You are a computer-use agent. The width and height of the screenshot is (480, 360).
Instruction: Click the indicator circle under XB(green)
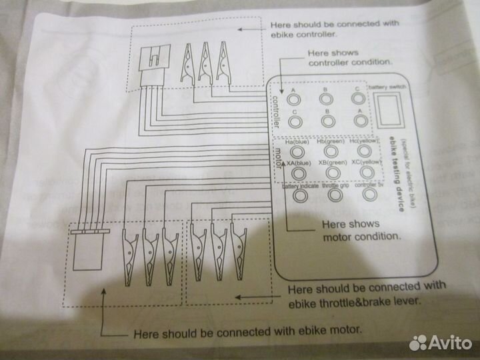pos(329,173)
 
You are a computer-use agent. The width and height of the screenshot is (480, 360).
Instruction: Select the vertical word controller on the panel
pos(277,109)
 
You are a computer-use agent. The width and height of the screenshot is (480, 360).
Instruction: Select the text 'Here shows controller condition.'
pos(349,57)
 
